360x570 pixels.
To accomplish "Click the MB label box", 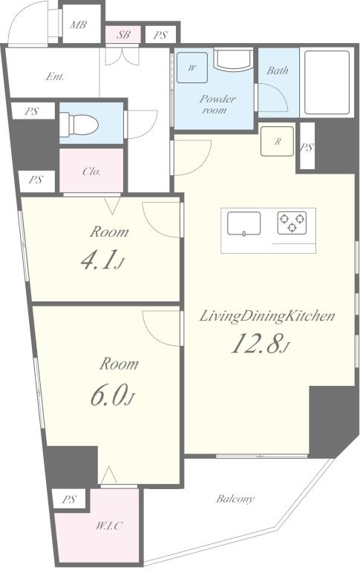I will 78,24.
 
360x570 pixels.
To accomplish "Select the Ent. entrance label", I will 54,76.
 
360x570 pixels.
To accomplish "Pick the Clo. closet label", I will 91,171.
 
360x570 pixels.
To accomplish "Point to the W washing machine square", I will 193,68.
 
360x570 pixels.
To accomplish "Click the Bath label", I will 278,71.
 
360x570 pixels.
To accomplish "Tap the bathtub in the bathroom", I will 327,82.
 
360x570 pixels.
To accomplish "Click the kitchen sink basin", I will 244,223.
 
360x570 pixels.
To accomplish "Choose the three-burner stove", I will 291,222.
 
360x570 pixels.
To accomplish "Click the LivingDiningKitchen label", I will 266,316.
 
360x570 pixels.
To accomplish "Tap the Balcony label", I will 235,499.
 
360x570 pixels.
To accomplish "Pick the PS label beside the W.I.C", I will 68,499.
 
